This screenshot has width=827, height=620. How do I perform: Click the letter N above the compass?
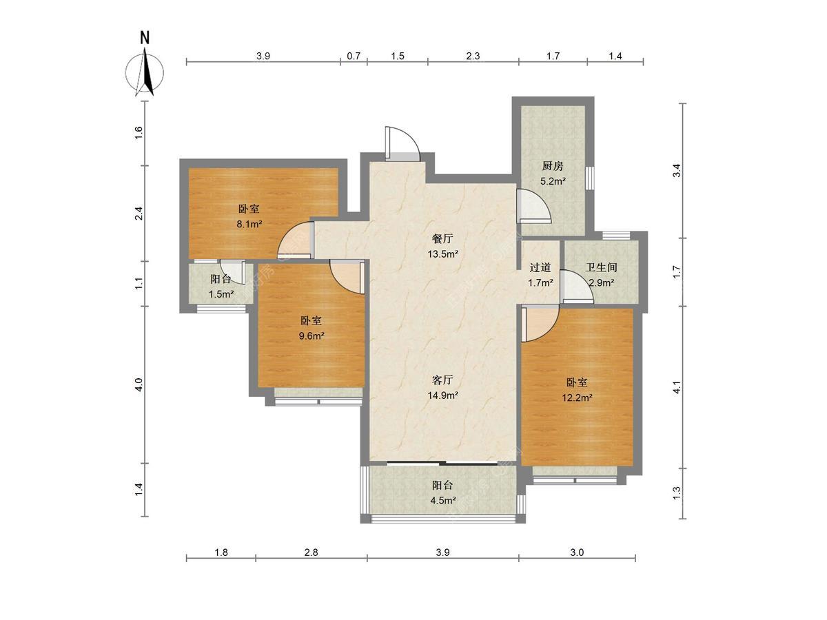click(145, 38)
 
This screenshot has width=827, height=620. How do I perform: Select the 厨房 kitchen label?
click(553, 165)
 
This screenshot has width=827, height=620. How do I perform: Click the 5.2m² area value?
click(553, 181)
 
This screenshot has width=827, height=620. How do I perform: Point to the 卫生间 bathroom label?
click(601, 267)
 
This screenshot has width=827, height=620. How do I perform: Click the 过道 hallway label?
click(540, 267)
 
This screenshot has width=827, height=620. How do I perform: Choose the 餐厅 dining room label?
click(442, 238)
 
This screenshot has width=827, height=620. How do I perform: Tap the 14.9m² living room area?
click(442, 395)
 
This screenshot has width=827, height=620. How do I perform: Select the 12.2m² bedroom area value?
click(578, 397)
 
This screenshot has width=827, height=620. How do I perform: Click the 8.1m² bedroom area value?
click(249, 225)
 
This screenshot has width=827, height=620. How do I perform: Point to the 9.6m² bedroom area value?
click(312, 335)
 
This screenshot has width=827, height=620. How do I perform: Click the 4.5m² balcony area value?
click(443, 500)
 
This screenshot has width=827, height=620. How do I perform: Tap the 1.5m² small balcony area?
click(221, 294)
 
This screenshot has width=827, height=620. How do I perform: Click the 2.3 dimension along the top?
click(473, 56)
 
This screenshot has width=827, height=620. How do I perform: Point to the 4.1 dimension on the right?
click(677, 387)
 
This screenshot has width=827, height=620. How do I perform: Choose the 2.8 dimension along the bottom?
click(312, 552)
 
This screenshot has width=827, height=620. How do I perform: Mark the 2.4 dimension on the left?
click(139, 214)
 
